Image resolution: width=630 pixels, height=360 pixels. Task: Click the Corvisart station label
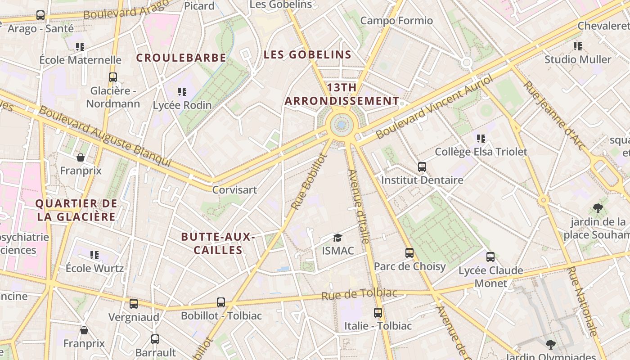234,190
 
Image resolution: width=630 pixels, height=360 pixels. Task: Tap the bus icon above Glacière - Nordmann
113,77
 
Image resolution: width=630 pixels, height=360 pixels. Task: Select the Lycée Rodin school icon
182,92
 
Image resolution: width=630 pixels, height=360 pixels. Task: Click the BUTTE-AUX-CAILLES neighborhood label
218,243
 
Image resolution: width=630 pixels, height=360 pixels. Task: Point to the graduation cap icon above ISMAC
337,238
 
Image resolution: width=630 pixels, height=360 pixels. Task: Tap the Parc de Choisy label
409,266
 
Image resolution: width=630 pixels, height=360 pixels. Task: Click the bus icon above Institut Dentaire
422,167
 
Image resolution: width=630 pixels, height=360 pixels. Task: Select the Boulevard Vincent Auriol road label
434,107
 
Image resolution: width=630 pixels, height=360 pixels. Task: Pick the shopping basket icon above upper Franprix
81,157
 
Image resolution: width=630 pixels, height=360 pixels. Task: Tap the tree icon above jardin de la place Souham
598,208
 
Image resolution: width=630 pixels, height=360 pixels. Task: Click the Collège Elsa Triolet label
481,152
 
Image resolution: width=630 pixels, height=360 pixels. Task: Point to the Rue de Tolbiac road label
360,294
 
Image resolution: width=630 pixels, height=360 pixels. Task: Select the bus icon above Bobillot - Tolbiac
221,302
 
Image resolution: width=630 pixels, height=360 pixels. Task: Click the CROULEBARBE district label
181,58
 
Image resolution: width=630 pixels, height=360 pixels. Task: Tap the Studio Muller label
578,59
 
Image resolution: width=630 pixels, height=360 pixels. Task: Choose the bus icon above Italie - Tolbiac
378,312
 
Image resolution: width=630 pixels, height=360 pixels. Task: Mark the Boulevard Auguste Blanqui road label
105,136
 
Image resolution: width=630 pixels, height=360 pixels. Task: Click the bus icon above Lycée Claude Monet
490,257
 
